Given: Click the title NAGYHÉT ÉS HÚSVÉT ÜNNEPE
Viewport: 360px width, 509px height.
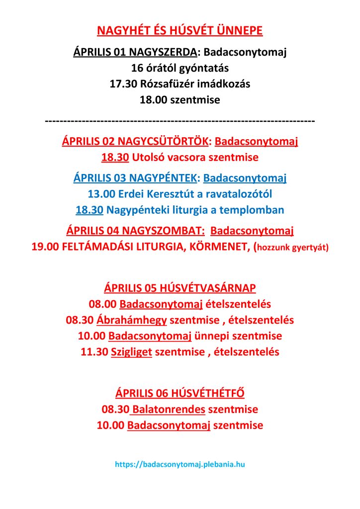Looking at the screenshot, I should [180, 31].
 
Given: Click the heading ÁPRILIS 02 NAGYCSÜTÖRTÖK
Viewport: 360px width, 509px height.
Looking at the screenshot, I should [135, 142].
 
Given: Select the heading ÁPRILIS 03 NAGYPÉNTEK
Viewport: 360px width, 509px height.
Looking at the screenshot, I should [135, 177].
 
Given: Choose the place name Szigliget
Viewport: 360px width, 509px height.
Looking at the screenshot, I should [131, 352].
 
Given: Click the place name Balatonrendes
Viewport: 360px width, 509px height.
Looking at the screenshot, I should [169, 410].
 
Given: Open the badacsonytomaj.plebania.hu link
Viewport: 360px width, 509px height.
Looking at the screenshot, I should [180, 464].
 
